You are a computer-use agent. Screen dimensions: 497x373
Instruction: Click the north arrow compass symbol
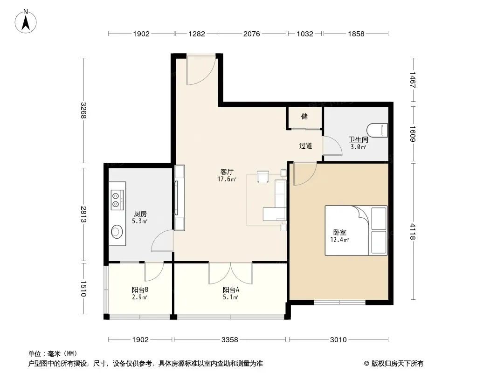coord(26,21)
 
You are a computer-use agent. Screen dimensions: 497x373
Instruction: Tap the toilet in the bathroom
coord(377,130)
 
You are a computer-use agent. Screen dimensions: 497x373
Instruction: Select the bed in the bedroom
coord(356,230)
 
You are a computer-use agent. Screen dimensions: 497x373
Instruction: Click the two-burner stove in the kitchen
coord(117,200)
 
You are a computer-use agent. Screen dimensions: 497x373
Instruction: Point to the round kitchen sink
coord(117,231)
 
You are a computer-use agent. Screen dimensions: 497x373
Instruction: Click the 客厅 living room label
coord(227,172)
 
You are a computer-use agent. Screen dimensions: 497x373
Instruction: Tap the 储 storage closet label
coord(304,116)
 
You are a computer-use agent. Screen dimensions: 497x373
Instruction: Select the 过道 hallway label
coord(305,146)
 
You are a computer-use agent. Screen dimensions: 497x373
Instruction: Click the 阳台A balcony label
coord(231,290)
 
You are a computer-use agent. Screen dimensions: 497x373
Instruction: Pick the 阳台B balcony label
coord(140,290)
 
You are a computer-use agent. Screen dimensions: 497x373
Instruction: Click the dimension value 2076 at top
coord(252,34)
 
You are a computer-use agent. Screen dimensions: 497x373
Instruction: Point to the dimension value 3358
coord(229,340)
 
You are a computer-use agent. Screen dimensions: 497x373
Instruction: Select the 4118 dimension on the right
coord(412,231)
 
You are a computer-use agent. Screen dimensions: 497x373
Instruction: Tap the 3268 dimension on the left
coord(83,110)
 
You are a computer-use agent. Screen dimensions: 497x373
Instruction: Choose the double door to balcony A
coord(230,273)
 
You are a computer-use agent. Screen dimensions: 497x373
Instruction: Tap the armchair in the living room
coord(263,177)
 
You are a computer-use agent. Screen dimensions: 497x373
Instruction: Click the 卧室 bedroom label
coord(339,232)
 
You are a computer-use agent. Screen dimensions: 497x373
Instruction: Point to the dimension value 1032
coord(305,34)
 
